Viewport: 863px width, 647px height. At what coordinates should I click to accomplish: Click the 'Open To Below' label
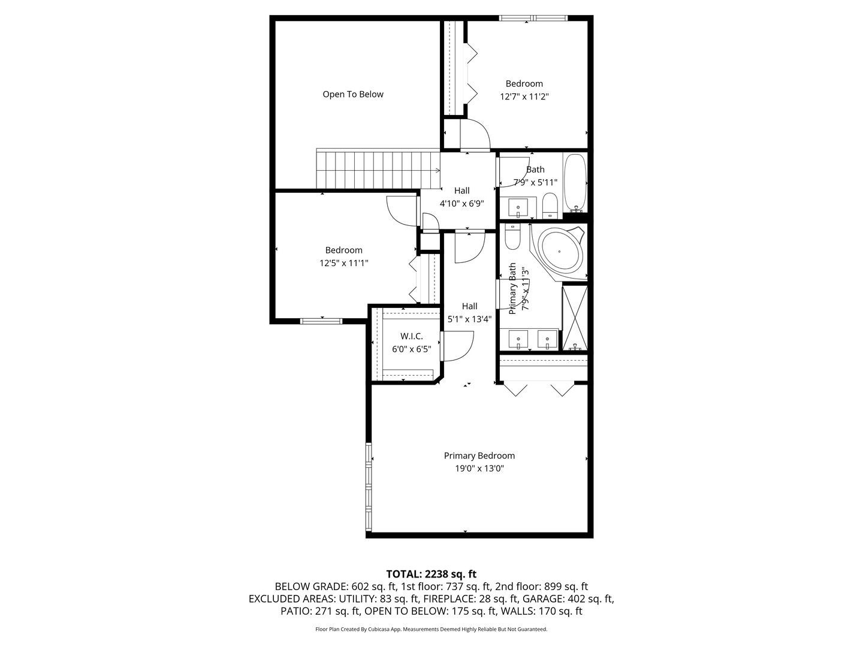tap(352, 94)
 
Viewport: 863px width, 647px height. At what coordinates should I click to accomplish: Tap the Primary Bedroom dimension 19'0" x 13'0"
tap(479, 468)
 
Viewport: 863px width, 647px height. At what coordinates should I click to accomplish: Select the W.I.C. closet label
tap(411, 336)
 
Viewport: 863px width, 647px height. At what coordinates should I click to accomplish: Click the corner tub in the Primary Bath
tap(560, 251)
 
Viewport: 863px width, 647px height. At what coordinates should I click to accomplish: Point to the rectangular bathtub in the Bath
tap(575, 183)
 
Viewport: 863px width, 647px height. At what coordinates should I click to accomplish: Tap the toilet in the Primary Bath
tap(512, 237)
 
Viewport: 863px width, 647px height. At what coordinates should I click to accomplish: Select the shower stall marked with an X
tap(574, 318)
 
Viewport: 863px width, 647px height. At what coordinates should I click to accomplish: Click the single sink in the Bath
tap(518, 208)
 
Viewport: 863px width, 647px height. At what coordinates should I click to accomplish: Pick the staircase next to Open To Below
tap(378, 170)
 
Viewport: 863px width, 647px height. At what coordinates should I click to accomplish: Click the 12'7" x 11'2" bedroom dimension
tap(524, 96)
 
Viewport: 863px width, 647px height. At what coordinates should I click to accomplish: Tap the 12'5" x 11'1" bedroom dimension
tap(343, 263)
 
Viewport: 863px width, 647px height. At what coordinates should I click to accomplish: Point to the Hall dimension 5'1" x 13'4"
tap(469, 319)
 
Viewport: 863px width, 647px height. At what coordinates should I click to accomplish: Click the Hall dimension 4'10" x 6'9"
tap(461, 204)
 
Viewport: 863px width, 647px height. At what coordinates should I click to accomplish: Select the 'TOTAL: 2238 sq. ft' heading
tap(431, 574)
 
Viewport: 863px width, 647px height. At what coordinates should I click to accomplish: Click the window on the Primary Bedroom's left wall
tap(369, 487)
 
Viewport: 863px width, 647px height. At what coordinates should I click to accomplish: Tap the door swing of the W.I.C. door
tap(459, 347)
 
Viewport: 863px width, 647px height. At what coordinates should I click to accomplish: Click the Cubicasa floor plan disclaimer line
tap(431, 629)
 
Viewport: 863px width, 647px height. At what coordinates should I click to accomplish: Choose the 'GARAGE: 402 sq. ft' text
tap(568, 598)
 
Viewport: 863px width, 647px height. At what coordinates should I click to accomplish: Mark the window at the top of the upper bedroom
tap(533, 18)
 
